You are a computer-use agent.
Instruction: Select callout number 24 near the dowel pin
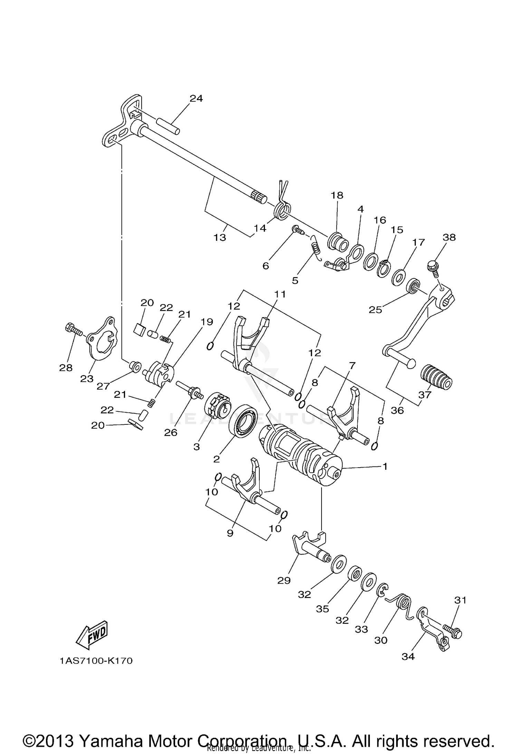[x=196, y=99]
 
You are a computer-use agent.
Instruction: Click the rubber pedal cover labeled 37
[x=436, y=377]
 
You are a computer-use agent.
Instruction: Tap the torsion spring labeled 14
[x=282, y=210]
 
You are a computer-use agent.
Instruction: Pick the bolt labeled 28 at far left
[x=73, y=330]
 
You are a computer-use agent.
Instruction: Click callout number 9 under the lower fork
[x=230, y=533]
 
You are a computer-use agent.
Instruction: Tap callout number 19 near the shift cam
[x=207, y=322]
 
